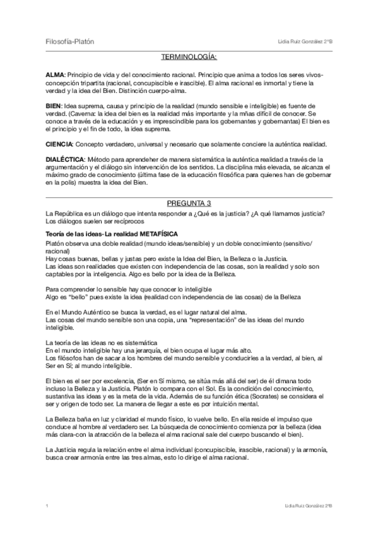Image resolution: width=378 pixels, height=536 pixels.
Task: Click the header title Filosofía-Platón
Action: (70, 42)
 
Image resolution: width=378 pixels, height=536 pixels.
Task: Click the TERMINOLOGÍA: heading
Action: (189, 58)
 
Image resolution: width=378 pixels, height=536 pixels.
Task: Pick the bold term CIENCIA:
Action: (61, 145)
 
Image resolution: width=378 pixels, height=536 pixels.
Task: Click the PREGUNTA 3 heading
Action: (189, 204)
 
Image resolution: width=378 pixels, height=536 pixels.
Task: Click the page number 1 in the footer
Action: (47, 506)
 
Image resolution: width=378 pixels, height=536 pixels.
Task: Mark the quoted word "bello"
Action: (75, 296)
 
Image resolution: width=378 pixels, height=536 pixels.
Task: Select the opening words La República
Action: (66, 212)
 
